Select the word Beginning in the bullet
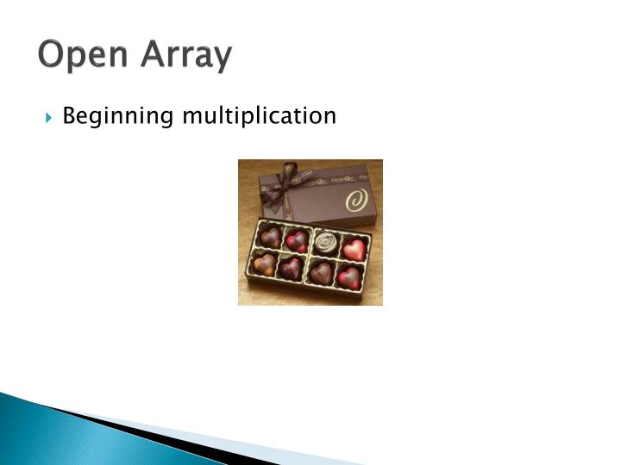(116, 115)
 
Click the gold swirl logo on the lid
(355, 200)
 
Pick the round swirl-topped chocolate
(325, 240)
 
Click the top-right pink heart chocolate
(354, 249)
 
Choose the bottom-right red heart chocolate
(348, 277)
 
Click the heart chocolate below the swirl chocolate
(321, 272)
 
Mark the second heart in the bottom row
(291, 268)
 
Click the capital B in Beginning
(71, 115)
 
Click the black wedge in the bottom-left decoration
(129, 431)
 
